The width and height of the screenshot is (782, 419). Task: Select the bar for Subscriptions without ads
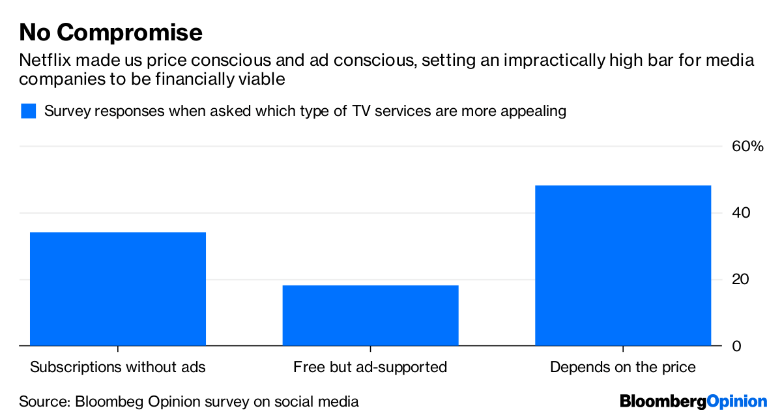(118, 289)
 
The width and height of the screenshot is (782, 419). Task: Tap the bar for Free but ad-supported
(370, 315)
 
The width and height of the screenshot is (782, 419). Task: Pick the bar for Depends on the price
(623, 265)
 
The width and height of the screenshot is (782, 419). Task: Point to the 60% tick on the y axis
(747, 147)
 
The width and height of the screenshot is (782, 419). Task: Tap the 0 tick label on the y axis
(737, 346)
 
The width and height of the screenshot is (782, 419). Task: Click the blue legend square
(28, 111)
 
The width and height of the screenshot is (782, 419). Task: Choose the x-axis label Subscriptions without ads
(118, 368)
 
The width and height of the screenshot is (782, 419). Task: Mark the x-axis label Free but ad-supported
(370, 368)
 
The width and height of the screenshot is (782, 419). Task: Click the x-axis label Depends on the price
(623, 368)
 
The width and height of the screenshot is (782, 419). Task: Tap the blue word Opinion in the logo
(737, 401)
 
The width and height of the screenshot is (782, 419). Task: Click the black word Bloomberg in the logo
(663, 401)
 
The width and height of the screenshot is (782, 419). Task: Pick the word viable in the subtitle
(265, 79)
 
